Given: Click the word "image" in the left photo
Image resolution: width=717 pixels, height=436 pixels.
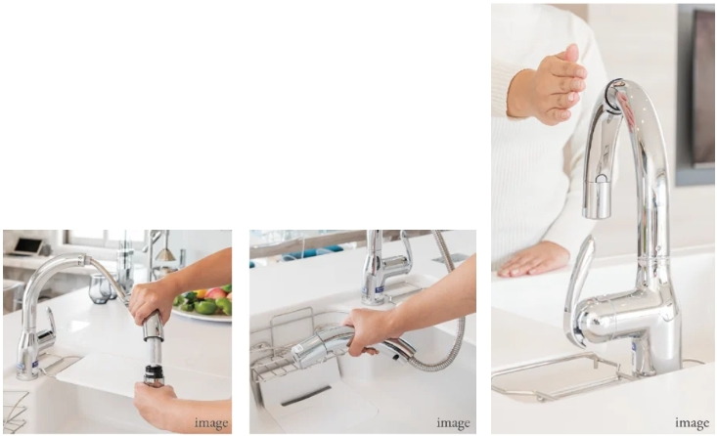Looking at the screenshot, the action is click(211, 423).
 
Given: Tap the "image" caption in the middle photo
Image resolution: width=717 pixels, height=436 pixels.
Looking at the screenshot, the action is click(453, 423).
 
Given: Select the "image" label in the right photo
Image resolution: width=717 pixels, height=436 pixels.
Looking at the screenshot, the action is click(693, 423).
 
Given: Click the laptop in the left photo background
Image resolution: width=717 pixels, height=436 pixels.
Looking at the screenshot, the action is click(27, 246).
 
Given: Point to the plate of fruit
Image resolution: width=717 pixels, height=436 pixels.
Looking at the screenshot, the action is click(203, 303).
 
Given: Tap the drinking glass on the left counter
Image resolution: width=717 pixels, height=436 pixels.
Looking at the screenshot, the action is click(100, 288).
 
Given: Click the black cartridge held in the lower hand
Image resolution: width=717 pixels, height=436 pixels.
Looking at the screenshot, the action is click(154, 374).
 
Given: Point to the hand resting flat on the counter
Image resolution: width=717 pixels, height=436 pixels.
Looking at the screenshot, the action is click(533, 259).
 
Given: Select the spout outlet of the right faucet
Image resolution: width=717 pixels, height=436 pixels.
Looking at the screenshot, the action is click(597, 211).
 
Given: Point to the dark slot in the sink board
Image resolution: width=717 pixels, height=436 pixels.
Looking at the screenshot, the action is click(305, 396).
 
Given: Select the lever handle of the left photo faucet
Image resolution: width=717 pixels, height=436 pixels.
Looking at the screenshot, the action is click(49, 326).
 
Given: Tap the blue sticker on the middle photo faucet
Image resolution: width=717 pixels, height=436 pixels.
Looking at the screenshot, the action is click(380, 289).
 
